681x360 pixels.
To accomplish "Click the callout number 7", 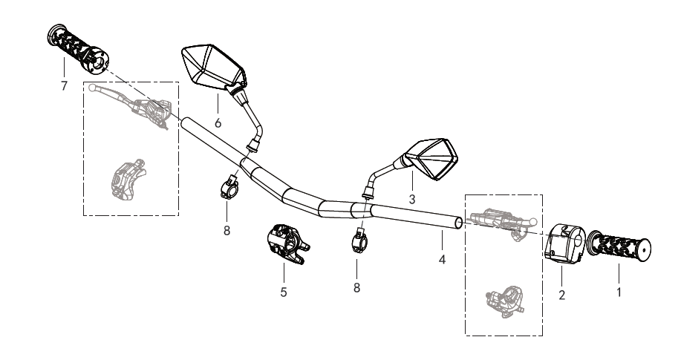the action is pyautogui.click(x=65, y=86).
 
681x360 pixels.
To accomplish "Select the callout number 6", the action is pyautogui.click(x=218, y=123).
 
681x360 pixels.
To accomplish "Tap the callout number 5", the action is pyautogui.click(x=284, y=292).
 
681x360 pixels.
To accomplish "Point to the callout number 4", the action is pyautogui.click(x=442, y=260).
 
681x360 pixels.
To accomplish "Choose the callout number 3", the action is pyautogui.click(x=412, y=200).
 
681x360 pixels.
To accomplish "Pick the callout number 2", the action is pyautogui.click(x=562, y=295).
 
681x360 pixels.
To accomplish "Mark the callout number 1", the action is pyautogui.click(x=619, y=292).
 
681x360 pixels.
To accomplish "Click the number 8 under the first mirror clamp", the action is pyautogui.click(x=227, y=231).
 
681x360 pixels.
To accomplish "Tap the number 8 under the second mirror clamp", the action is pyautogui.click(x=356, y=287).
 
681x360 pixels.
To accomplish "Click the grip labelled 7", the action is pyautogui.click(x=77, y=49).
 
